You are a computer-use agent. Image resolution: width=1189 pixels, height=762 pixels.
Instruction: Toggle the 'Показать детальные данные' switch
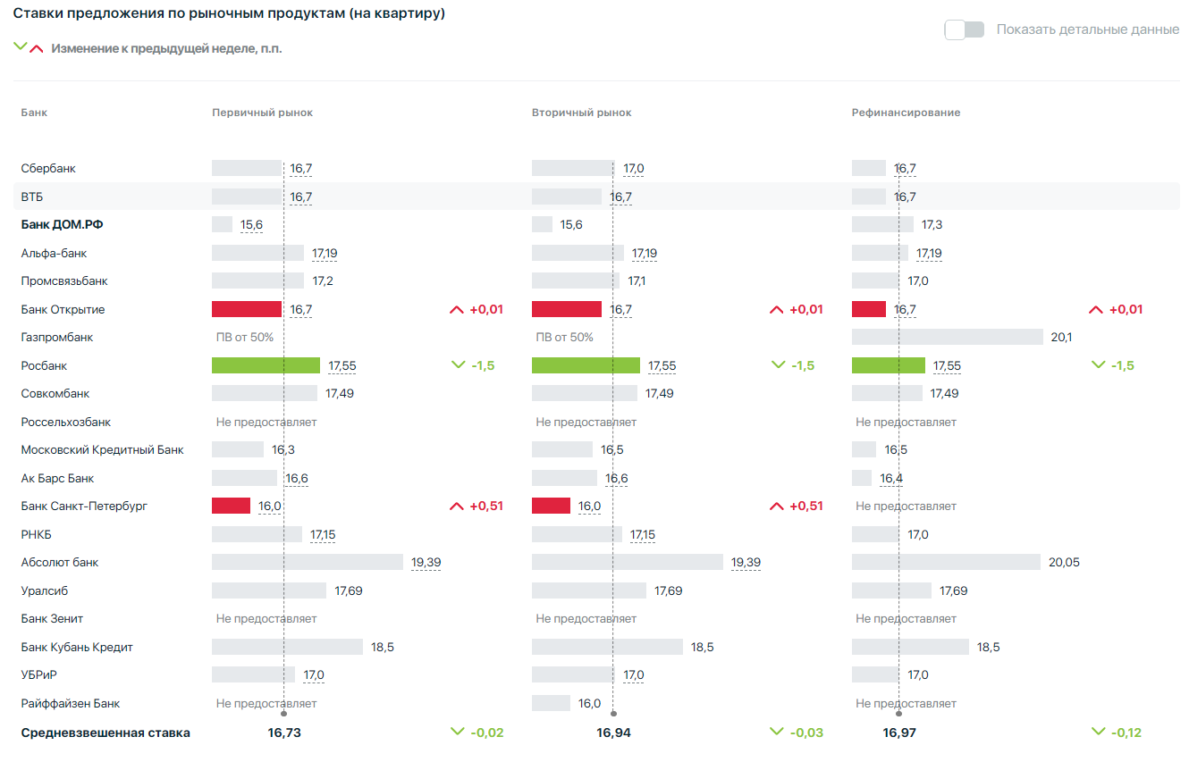click(964, 29)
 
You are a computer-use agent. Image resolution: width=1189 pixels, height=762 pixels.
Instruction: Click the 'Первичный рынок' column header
click(262, 113)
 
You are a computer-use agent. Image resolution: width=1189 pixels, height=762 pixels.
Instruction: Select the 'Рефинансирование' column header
click(906, 113)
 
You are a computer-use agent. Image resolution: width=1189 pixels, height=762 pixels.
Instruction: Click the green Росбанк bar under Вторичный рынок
click(586, 365)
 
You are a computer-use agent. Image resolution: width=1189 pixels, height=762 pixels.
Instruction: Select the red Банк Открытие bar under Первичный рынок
click(246, 309)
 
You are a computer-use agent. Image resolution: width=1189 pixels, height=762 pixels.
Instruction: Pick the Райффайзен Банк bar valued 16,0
click(551, 703)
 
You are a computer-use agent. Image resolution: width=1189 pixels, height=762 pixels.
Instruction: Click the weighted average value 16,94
click(613, 733)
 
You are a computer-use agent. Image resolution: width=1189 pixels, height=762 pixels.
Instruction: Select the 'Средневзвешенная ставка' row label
click(105, 733)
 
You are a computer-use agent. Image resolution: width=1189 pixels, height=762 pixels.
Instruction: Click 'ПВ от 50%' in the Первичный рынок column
click(244, 337)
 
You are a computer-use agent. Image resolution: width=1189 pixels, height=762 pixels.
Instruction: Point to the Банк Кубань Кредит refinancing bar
click(910, 647)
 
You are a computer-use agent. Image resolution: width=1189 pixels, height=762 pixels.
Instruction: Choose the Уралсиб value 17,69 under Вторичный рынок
click(668, 590)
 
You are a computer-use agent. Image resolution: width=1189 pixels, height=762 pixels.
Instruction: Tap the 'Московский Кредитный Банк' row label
click(102, 449)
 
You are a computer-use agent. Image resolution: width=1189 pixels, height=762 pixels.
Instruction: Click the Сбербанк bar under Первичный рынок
click(246, 168)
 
